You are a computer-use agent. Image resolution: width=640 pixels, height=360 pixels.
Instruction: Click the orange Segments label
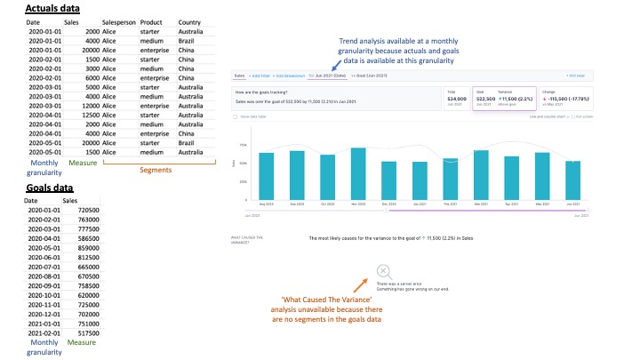(156, 170)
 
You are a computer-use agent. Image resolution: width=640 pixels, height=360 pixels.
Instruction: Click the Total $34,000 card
(456, 97)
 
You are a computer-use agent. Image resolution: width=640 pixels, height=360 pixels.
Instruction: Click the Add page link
(577, 76)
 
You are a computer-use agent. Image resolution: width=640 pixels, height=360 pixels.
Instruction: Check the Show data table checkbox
(235, 116)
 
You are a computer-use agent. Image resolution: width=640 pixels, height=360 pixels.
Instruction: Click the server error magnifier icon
(382, 271)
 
